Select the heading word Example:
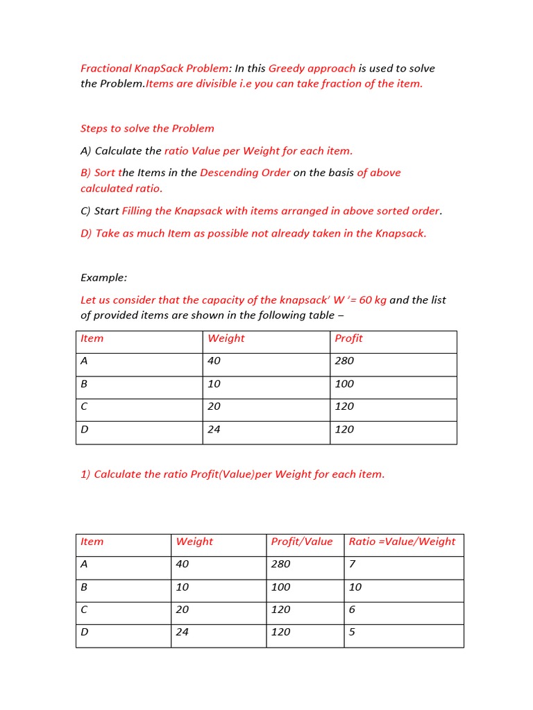(x=104, y=277)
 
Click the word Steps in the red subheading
(x=94, y=128)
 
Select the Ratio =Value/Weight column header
(x=402, y=542)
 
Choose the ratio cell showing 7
(x=352, y=564)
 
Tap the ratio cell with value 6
(x=352, y=609)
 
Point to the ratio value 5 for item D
(x=352, y=632)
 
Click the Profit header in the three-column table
(x=348, y=338)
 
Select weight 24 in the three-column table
(x=214, y=429)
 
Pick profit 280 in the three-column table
(x=344, y=361)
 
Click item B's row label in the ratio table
(x=85, y=587)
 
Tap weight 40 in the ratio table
(x=183, y=564)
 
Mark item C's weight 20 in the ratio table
(x=183, y=609)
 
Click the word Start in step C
(x=107, y=211)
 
